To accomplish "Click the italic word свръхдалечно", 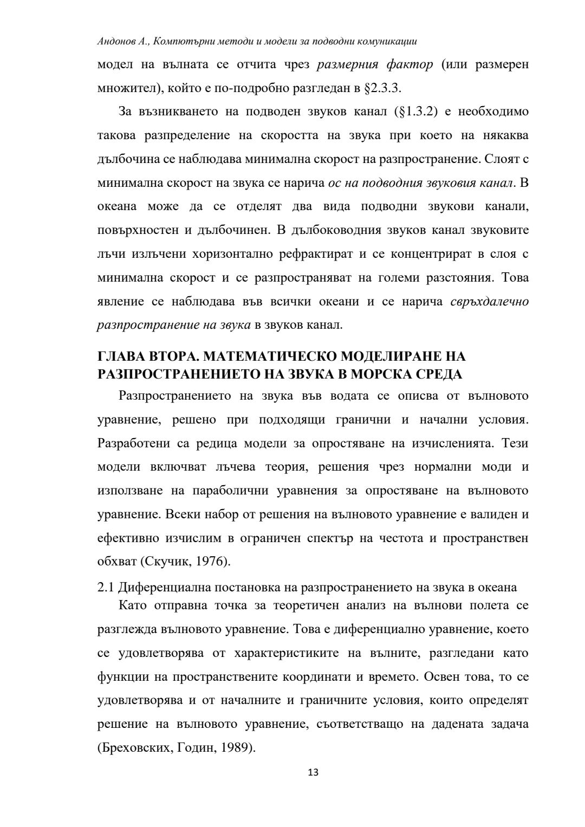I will [x=489, y=302].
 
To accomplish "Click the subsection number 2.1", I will [x=106, y=588].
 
